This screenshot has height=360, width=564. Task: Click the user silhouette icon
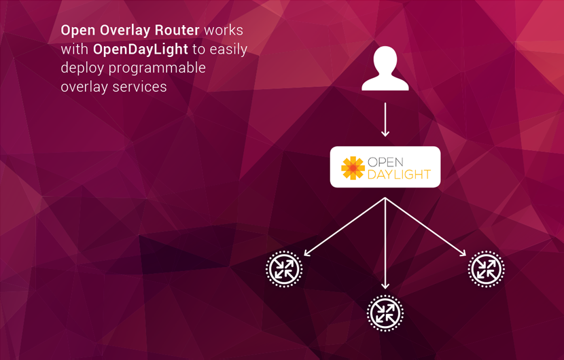(385, 69)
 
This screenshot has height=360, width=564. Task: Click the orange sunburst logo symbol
(353, 168)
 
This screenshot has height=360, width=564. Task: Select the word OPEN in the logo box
(385, 162)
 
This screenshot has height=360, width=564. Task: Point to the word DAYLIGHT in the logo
(398, 175)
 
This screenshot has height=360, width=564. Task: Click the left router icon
(283, 270)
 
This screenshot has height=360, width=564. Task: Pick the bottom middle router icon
(385, 312)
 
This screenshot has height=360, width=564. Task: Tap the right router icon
(486, 270)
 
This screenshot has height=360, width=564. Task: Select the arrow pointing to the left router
(344, 227)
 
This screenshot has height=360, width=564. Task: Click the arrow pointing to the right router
(426, 227)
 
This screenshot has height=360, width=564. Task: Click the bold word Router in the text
(178, 31)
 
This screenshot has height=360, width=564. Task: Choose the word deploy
(80, 68)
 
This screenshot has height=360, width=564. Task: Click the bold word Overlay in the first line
(128, 31)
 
